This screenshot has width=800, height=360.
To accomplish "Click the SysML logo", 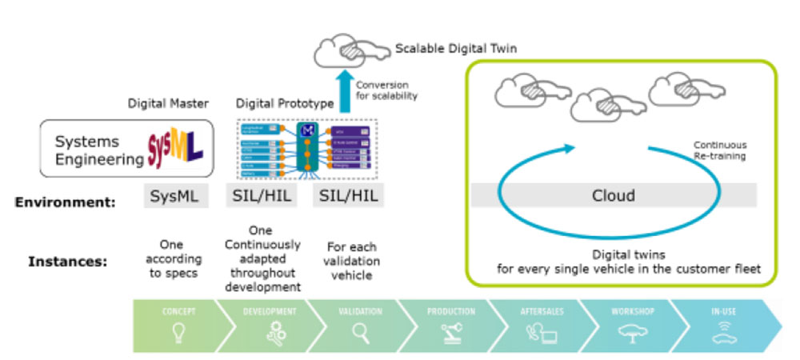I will pos(174,149).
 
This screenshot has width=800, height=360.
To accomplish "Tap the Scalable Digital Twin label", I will pos(456,49).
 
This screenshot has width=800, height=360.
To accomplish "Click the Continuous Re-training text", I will pos(720,150).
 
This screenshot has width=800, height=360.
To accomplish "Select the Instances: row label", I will pos(67,261).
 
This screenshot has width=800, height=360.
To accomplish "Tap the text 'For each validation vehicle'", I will pos(353,262).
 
